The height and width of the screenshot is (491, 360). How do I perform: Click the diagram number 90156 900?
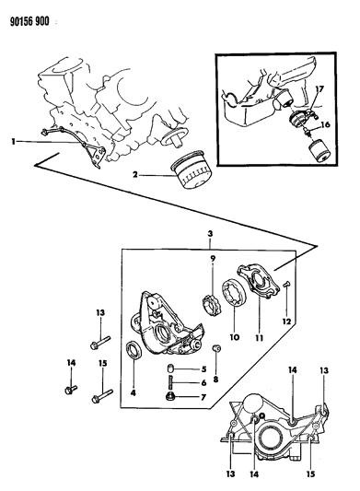pos(29,21)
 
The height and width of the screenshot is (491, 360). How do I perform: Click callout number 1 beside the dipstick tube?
pos(14,142)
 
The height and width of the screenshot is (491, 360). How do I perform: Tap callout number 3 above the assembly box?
pos(210,233)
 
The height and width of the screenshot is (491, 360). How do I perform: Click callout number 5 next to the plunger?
pos(203,369)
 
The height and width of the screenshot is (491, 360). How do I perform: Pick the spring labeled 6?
pos(171,383)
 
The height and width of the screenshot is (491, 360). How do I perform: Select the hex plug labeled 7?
pos(171,397)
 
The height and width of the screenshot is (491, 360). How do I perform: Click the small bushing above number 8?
pos(215,349)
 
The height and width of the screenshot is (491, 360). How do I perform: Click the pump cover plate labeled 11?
pos(259,281)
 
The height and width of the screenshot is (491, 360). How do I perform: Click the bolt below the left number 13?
pos(100,342)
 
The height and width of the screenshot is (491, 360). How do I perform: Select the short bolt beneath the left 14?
pos(71,390)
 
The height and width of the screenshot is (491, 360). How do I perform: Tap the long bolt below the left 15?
pos(102,395)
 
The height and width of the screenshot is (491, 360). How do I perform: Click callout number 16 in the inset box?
pos(325,124)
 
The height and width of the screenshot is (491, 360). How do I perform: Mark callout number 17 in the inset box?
pos(319,90)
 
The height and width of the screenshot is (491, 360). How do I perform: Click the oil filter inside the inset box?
pos(319,151)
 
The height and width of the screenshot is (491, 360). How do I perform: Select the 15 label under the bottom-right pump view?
pos(310,474)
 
